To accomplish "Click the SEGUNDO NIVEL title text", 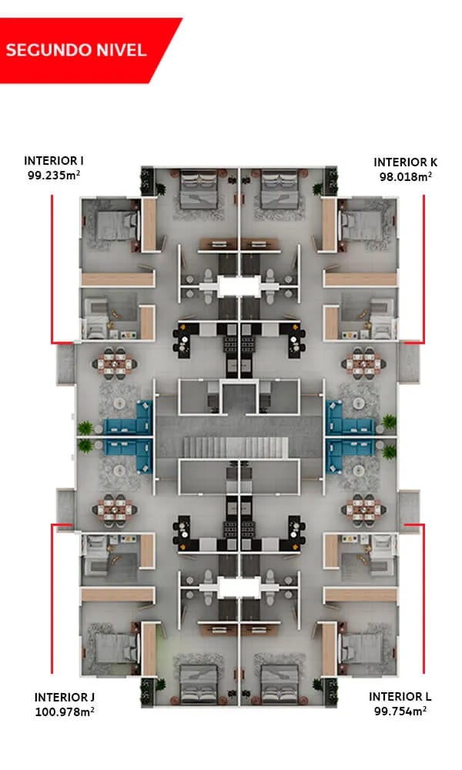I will coord(75,50).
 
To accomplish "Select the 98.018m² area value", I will coord(405,176).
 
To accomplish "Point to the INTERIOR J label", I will coord(65,697).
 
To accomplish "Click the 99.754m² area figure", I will coord(397,711).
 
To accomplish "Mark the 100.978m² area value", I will coord(65,712).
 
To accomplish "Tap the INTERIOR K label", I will coord(405,162).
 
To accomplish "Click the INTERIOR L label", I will coord(397,697).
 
